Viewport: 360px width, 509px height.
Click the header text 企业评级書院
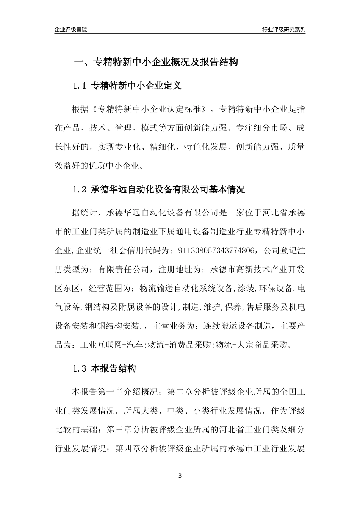coord(71,30)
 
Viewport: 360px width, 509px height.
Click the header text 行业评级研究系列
coord(283,30)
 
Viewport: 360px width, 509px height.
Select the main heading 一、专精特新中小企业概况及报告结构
coord(155,62)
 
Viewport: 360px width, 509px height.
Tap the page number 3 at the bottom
coord(180,476)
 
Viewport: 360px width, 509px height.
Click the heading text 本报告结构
coord(114,368)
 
